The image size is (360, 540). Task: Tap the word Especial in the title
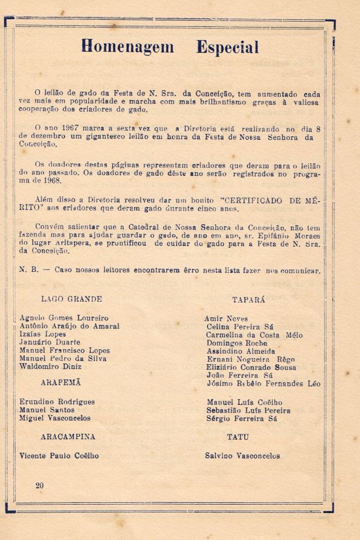coord(227,47)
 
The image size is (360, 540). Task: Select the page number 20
coord(40,485)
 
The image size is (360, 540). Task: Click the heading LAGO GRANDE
coord(71,299)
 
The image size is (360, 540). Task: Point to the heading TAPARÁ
coord(248,299)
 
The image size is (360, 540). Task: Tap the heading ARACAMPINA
coord(68,436)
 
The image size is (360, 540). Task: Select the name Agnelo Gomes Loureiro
coord(64,317)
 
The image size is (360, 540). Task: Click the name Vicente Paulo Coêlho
coord(59,455)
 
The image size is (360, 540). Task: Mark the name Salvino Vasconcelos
coord(242,455)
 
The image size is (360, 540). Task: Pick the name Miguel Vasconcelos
coord(55,418)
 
